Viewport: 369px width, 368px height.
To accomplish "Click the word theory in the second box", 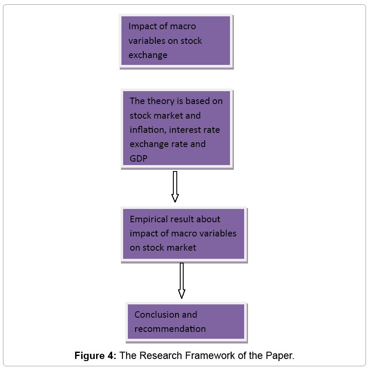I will click(x=160, y=101).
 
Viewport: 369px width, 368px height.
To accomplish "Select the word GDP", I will click(x=139, y=158).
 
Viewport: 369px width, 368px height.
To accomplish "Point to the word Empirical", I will click(x=149, y=219).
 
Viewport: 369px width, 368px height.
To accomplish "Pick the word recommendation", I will click(x=170, y=329).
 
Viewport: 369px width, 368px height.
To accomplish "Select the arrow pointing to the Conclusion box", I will click(x=181, y=280).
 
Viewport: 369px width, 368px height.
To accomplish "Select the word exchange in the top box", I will click(x=148, y=55).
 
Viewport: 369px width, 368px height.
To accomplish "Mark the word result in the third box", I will click(x=182, y=219).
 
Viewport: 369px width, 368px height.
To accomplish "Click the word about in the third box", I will click(x=209, y=219).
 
